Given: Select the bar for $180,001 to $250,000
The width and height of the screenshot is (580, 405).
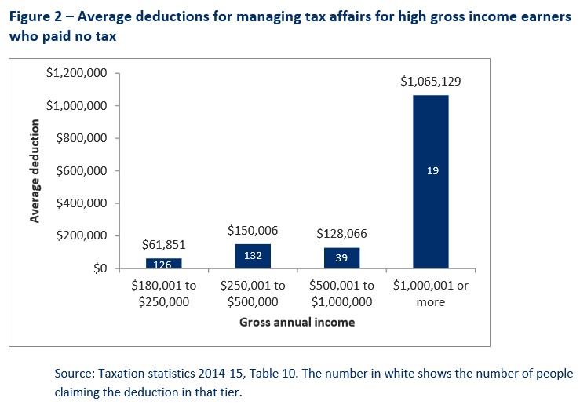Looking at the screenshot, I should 164,263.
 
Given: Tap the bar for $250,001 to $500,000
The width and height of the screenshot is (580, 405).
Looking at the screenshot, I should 253,256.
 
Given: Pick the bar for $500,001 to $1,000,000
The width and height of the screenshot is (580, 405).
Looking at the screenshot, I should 341,257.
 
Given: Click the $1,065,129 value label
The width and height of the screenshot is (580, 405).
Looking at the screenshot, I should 431,82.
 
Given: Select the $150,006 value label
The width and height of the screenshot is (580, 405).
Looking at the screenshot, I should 253,231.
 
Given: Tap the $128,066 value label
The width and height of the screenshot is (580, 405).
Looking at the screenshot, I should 341,234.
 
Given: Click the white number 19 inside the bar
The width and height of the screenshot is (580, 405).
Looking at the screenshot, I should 432,170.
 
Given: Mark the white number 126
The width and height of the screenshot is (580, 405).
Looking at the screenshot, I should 164,264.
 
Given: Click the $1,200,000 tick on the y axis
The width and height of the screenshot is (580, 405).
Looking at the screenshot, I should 77,73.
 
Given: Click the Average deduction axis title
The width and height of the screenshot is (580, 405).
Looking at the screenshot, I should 35,171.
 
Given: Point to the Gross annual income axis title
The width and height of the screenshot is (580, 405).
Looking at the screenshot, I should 297,322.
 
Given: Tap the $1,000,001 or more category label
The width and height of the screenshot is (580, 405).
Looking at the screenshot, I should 431,294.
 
